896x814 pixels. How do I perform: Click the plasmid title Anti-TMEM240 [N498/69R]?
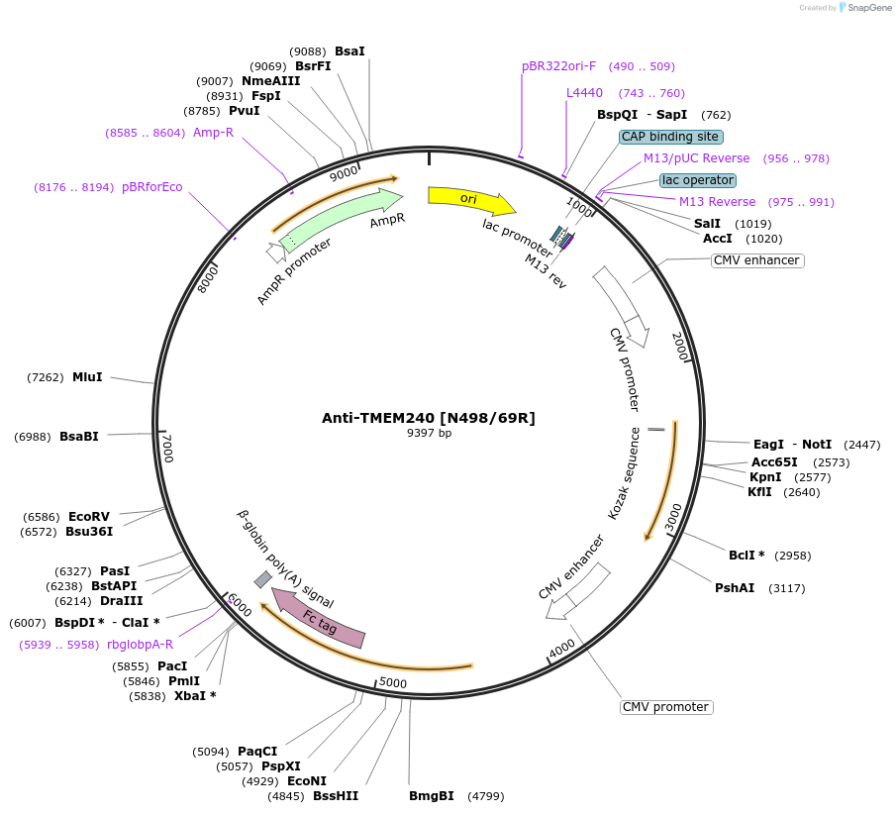point(428,418)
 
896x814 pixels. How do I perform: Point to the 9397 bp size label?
point(429,433)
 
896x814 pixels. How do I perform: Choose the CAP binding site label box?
point(671,137)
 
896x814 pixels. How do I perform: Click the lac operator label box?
point(698,180)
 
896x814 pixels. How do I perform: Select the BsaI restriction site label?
point(349,51)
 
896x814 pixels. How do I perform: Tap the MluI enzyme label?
point(87,377)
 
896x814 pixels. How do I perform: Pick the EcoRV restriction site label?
point(89,517)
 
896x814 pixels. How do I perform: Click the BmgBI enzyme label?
point(432,795)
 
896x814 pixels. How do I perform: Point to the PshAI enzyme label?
point(735,588)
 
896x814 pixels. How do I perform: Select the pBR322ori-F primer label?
point(558,66)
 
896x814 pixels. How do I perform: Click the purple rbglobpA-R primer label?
point(140,644)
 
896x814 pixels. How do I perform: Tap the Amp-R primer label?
point(213,132)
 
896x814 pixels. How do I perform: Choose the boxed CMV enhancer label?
point(756,260)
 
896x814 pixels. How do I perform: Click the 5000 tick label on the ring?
point(393,682)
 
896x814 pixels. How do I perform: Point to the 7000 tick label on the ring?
point(167,448)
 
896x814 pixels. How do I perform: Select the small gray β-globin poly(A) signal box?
point(262,579)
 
